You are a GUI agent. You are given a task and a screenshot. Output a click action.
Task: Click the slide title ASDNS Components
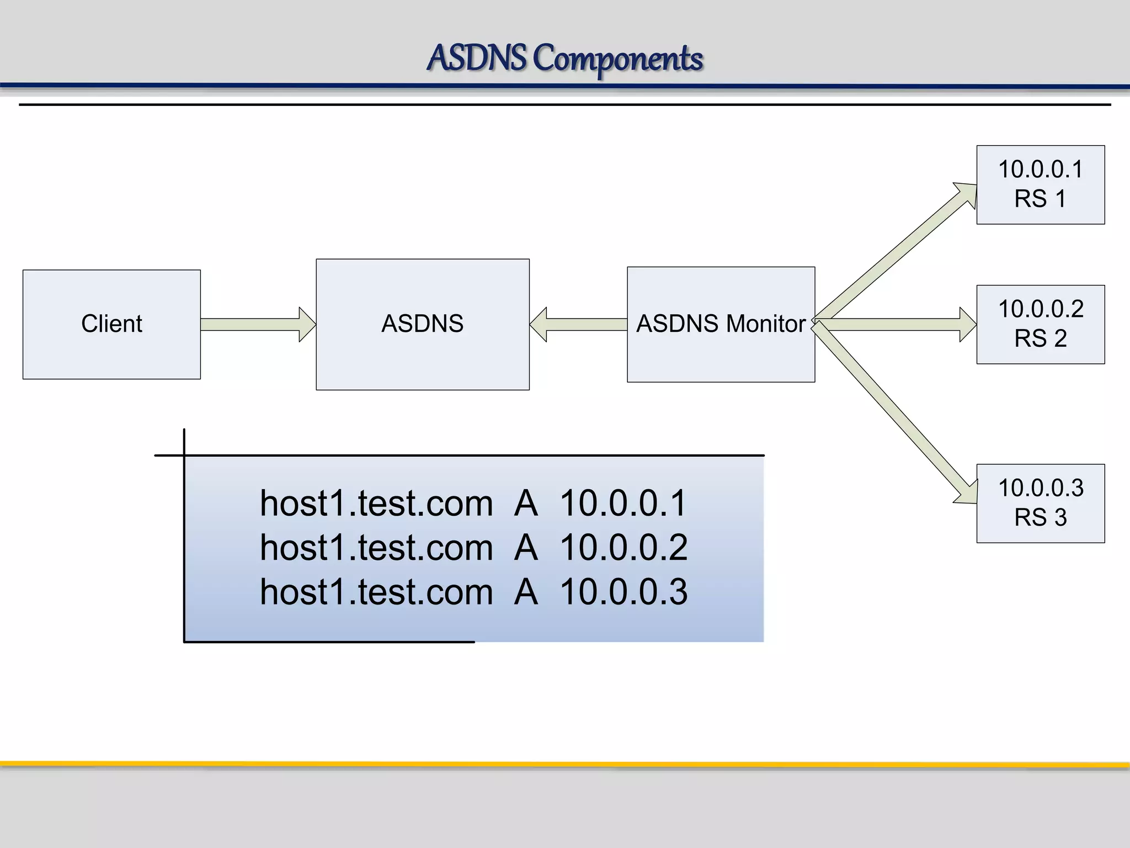coord(565,58)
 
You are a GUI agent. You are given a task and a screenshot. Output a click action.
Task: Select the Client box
coord(111,324)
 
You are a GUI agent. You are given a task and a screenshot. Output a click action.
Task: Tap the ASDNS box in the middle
coord(423,324)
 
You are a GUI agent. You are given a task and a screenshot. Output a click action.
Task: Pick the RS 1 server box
coord(1041,184)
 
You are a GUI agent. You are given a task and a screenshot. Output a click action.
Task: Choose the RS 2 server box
coord(1041,324)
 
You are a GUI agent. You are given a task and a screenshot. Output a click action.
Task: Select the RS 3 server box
coord(1041,503)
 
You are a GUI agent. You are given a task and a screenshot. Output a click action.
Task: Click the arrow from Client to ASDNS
coord(257,324)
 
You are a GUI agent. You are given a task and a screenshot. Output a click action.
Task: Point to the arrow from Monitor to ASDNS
coord(579,324)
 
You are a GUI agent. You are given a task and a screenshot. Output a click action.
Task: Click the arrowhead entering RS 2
coord(967,324)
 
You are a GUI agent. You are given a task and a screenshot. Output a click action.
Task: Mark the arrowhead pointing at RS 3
coord(967,493)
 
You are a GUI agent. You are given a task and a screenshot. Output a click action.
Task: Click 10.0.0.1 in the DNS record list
coord(623,503)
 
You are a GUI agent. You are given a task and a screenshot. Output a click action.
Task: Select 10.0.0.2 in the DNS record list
coord(623,547)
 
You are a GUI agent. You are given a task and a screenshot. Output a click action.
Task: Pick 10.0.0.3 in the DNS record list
coord(623,591)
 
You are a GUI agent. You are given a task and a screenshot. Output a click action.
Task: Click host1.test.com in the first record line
coord(376,503)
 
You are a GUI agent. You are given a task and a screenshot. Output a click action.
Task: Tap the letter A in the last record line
coord(526,591)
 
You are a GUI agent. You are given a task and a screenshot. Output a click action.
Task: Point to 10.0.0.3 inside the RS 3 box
coord(1041,488)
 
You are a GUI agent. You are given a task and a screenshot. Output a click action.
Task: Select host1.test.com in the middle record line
coord(376,547)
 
